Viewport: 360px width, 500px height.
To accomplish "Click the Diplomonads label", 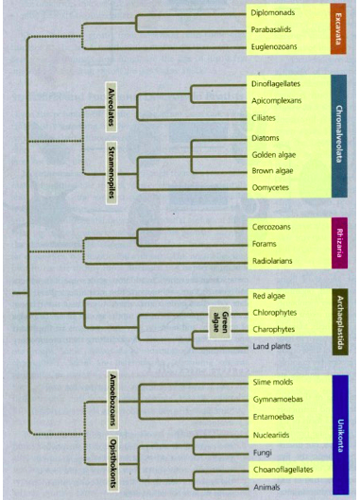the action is point(272,13).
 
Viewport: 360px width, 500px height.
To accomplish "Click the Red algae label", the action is point(268,295).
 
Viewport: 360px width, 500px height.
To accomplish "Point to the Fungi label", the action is point(262,453).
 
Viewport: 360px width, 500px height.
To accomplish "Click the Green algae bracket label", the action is point(219,321).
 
